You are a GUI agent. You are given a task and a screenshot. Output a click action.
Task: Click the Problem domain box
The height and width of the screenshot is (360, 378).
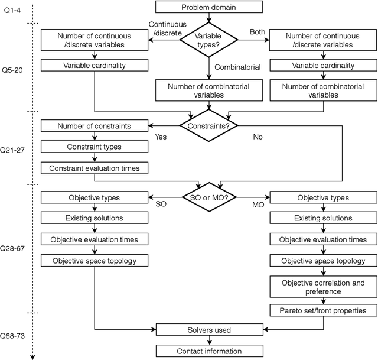click(208, 8)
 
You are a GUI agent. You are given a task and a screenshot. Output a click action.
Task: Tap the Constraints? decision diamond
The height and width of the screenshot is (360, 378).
click(208, 125)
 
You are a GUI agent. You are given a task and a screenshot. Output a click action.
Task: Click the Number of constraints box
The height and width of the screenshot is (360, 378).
click(94, 125)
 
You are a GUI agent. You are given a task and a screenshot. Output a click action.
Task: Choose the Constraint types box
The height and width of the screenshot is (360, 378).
click(94, 147)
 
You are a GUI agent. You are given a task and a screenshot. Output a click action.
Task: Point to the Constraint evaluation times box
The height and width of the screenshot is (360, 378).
click(94, 168)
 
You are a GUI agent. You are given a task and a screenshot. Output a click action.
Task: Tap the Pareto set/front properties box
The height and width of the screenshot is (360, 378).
click(322, 310)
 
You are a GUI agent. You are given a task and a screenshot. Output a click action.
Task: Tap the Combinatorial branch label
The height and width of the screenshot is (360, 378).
click(237, 67)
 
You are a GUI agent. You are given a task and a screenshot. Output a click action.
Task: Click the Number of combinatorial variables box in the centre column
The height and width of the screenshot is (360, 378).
click(208, 90)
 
